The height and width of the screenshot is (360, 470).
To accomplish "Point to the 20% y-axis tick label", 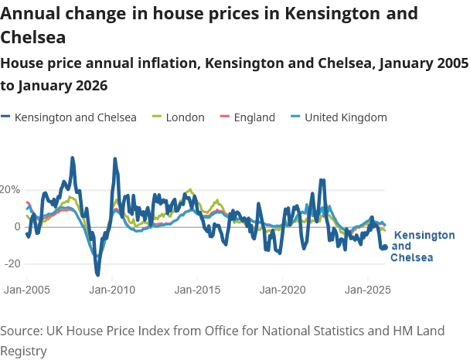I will pyautogui.click(x=10, y=189).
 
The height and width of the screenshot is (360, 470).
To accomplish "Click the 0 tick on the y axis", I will pyautogui.click(x=16, y=226).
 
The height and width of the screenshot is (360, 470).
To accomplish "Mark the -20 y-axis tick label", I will pyautogui.click(x=12, y=263).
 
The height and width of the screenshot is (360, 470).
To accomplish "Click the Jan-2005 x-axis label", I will pyautogui.click(x=28, y=290).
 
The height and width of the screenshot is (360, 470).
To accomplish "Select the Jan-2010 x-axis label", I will pyautogui.click(x=113, y=290).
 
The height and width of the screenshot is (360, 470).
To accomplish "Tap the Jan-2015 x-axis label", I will pyautogui.click(x=198, y=290).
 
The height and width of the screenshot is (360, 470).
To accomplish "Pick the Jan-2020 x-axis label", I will pyautogui.click(x=282, y=290).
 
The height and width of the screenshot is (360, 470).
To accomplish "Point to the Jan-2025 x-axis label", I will pyautogui.click(x=367, y=290).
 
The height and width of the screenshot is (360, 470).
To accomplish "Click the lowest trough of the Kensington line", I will pyautogui.click(x=97, y=273).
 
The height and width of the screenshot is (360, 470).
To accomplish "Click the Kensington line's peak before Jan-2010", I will pyautogui.click(x=73, y=158).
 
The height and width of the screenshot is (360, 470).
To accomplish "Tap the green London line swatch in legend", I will pyautogui.click(x=157, y=117).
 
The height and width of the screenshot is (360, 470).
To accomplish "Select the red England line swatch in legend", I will pyautogui.click(x=226, y=117).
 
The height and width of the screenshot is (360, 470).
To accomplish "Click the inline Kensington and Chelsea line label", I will pyautogui.click(x=423, y=246).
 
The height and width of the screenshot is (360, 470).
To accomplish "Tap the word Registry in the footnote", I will pyautogui.click(x=24, y=350).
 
